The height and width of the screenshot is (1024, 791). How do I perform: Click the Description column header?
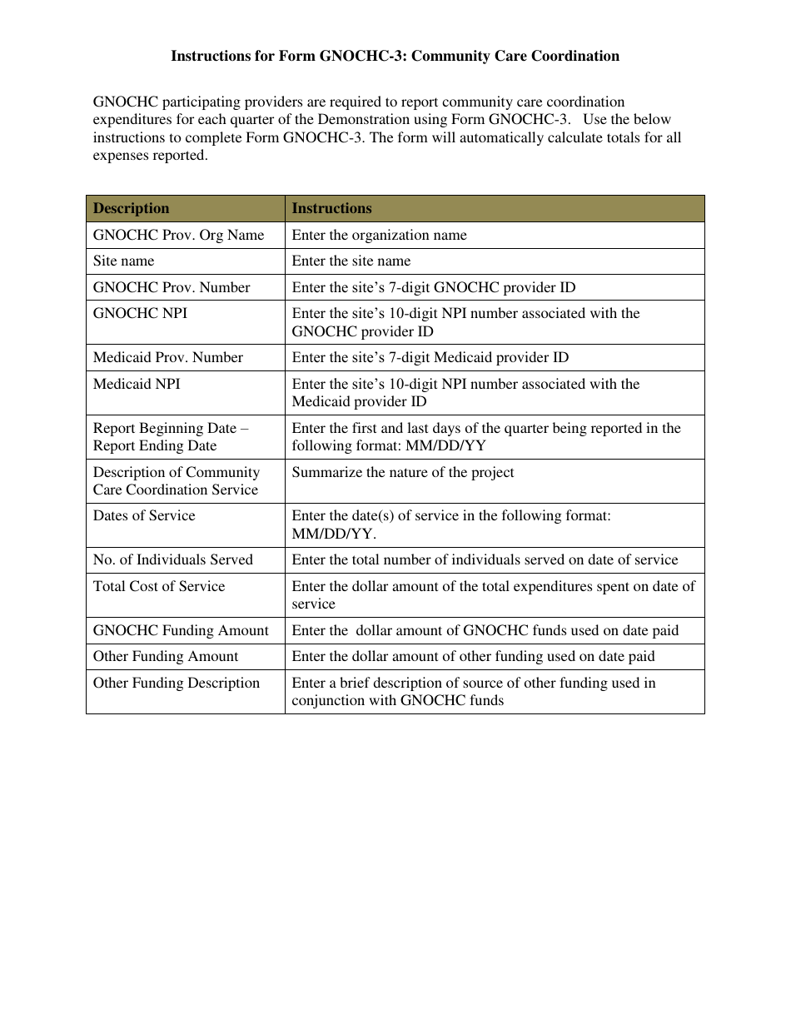click(131, 208)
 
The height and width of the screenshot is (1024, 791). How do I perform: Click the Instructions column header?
click(331, 208)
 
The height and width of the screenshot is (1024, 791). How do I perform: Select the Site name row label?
click(123, 261)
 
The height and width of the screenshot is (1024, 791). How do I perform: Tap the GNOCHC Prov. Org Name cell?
click(178, 235)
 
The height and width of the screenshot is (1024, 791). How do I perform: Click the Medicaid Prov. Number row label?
click(168, 357)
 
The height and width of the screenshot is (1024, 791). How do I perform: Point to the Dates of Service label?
click(144, 515)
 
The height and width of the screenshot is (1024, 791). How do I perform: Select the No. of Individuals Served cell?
click(173, 559)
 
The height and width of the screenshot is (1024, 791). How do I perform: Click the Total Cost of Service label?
click(159, 586)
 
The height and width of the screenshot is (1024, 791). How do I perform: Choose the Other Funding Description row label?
click(177, 683)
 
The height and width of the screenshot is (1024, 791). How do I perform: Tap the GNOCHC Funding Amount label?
click(181, 630)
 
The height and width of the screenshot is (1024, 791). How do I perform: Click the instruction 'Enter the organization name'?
click(379, 235)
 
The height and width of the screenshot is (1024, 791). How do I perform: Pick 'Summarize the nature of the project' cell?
click(403, 472)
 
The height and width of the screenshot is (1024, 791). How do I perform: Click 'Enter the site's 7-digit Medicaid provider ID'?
click(430, 357)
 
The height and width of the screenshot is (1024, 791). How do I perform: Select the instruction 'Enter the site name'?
click(351, 261)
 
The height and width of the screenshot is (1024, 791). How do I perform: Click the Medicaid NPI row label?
click(137, 384)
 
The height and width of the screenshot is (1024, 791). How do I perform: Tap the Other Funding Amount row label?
click(166, 656)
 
